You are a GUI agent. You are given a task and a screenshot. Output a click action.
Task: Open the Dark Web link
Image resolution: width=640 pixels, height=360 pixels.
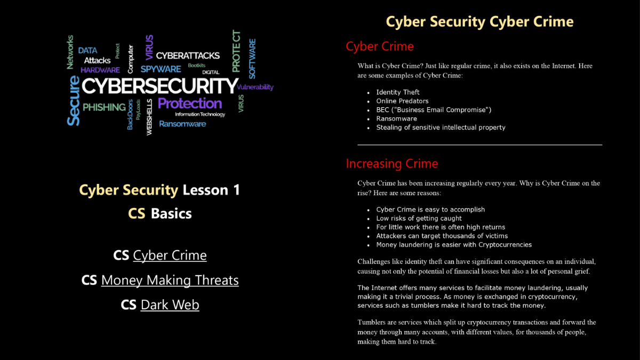[x=170, y=305]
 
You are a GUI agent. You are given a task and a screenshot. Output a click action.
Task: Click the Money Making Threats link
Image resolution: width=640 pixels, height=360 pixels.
[x=170, y=281]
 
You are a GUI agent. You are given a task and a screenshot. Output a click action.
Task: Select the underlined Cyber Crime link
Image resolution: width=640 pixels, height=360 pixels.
[x=170, y=255]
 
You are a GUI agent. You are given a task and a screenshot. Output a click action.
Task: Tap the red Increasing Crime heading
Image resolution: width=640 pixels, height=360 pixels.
[x=391, y=164]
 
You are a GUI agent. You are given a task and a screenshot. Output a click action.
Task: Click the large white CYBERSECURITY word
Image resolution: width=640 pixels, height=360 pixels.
[x=159, y=86]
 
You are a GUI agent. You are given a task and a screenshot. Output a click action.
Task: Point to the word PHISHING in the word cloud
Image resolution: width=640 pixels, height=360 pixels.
[x=104, y=107]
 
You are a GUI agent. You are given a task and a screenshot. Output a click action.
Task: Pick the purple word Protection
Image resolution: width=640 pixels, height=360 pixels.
[x=190, y=103]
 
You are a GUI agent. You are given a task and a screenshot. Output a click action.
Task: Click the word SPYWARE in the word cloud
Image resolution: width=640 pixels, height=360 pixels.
[x=161, y=69]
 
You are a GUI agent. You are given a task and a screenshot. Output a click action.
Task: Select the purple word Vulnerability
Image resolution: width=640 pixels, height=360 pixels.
[x=255, y=87]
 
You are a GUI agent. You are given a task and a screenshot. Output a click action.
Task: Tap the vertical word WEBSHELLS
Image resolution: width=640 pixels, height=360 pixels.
[x=149, y=117]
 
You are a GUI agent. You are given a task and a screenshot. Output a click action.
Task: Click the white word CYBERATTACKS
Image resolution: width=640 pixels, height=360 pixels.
[x=188, y=55]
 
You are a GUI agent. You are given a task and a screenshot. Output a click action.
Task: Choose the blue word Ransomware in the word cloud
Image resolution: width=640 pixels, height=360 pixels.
[x=182, y=124]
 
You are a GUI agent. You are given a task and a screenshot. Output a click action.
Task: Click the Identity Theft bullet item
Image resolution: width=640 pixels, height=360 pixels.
[x=398, y=92]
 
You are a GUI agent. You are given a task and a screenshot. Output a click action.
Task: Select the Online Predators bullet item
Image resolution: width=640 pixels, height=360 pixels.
[x=402, y=101]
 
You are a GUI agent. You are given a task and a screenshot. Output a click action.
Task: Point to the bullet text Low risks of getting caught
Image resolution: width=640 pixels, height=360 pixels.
[x=419, y=218]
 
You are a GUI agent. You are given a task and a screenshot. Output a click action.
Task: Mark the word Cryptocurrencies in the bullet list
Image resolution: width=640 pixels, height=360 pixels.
[x=505, y=245]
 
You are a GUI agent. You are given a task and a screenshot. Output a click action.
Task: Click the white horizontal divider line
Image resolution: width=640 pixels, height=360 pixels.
[x=479, y=145]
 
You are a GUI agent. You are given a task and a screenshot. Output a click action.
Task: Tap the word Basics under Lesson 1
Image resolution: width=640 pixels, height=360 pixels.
[x=171, y=213]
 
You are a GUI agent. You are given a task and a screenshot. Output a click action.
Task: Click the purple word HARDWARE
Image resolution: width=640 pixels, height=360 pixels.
[x=100, y=70]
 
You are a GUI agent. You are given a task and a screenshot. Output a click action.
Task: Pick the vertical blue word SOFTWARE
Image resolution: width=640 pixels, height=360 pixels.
[x=252, y=59]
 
